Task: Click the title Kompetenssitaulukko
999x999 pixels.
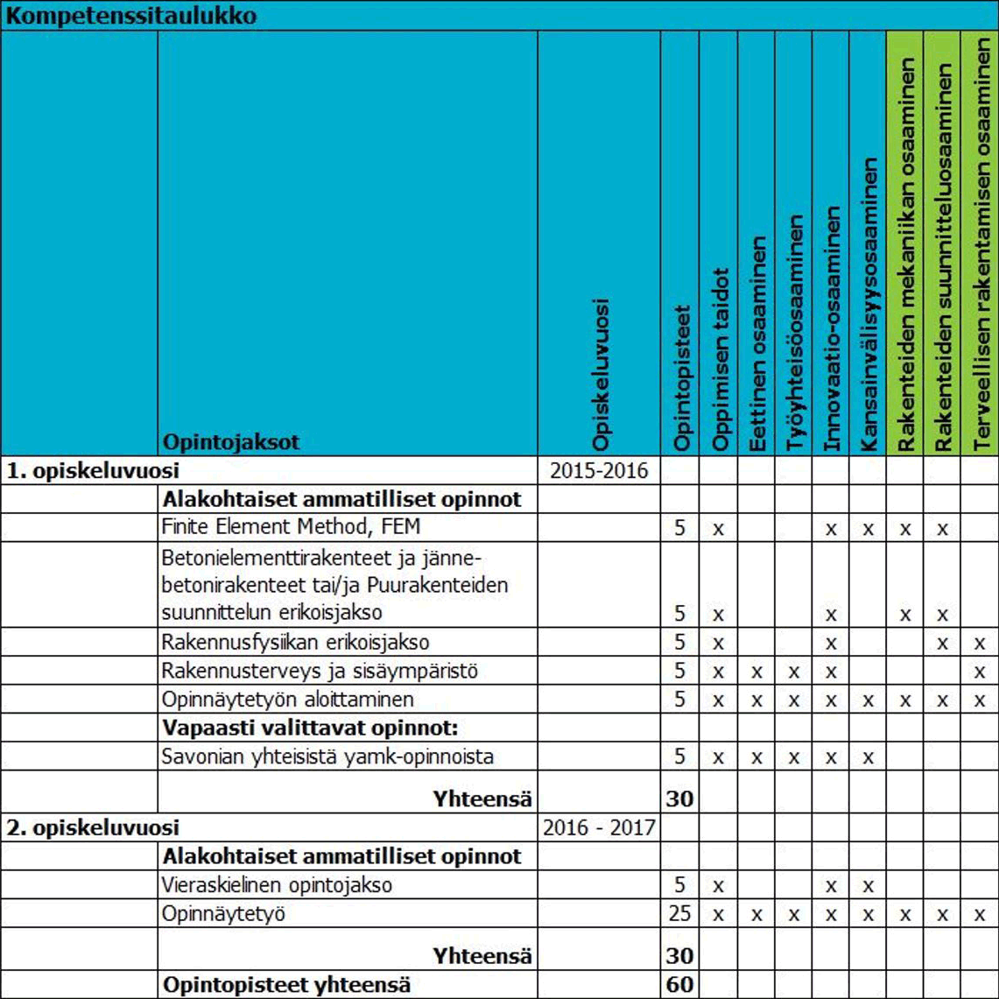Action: [132, 17]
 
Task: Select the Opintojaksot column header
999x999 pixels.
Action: [231, 442]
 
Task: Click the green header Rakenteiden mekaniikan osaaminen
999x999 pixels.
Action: [907, 254]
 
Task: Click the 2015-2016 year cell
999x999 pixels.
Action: [599, 470]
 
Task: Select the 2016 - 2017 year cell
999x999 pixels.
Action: [599, 827]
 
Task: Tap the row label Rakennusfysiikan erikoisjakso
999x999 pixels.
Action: [296, 642]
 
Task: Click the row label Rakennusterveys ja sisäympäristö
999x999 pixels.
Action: [311, 672]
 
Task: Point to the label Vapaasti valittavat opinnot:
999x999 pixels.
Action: [311, 728]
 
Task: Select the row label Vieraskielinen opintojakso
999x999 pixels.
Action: [277, 885]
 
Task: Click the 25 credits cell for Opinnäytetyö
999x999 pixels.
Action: [679, 914]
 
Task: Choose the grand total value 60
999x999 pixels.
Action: [679, 984]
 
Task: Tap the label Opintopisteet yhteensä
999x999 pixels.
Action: [287, 983]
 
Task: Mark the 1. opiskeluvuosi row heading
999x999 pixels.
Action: [94, 470]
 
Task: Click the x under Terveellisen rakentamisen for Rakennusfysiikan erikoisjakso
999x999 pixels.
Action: [980, 643]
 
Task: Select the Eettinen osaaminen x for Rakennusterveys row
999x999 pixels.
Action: [756, 672]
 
